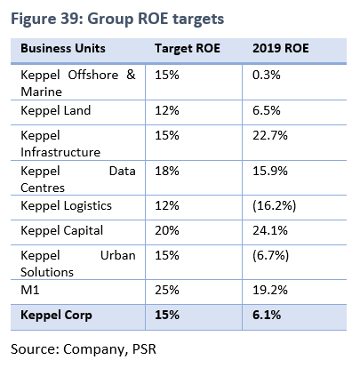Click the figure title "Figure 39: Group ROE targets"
point(117,20)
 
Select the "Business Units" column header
point(63,48)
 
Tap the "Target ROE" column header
point(188,49)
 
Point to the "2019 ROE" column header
point(281,48)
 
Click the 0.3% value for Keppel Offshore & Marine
point(267,75)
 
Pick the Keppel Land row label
point(55,111)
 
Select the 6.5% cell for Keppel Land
point(267,110)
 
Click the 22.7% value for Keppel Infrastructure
point(270,135)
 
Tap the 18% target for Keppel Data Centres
point(167,171)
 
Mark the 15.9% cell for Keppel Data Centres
point(270,171)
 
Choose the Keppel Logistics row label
point(66,206)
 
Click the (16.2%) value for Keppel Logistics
point(274,205)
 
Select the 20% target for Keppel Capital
point(167,230)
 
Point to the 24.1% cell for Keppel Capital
point(270,230)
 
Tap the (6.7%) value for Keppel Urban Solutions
point(270,255)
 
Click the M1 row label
point(30,290)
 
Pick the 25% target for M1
point(167,290)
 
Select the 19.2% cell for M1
point(270,290)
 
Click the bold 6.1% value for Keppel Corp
point(267,315)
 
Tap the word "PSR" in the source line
point(144,349)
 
